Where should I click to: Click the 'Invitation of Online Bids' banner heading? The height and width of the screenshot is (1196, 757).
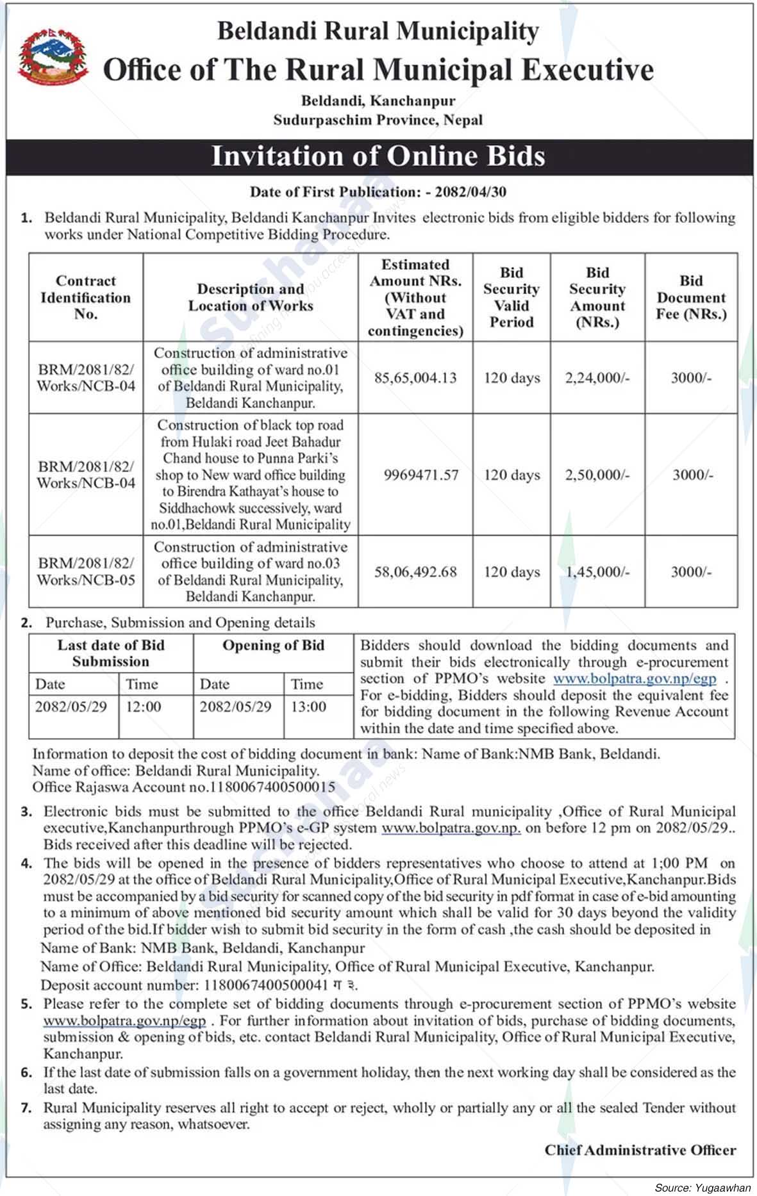point(378,156)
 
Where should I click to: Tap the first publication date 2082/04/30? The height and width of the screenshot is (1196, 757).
point(470,192)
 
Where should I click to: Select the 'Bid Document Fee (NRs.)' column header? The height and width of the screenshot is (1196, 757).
point(691,297)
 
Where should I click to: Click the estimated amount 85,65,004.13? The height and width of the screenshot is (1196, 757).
point(415,378)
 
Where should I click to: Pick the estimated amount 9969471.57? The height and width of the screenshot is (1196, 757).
point(421,475)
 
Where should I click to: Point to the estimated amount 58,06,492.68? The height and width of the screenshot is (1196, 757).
point(415,571)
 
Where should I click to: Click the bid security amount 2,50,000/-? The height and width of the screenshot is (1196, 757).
point(597,475)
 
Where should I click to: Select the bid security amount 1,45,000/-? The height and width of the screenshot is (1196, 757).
point(597,571)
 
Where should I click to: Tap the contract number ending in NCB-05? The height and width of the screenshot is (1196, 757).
point(86,571)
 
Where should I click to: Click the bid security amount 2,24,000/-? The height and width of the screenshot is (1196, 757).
point(597,378)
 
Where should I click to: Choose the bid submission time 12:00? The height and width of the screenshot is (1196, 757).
point(144,707)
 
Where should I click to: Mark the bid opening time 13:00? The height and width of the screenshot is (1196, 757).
point(308,707)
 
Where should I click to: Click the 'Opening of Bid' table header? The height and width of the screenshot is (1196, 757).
point(273,646)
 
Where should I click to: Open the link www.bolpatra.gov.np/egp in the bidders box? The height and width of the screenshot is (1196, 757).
point(635,678)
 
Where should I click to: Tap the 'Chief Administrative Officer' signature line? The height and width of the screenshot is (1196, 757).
point(640,1150)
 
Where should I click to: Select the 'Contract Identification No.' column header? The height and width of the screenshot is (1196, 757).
point(86,297)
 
